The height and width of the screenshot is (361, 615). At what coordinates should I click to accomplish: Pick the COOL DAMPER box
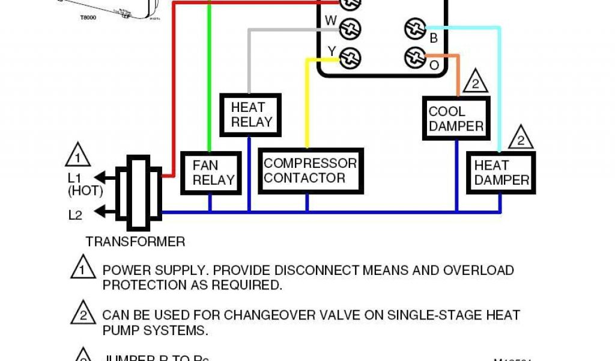click(x=456, y=119)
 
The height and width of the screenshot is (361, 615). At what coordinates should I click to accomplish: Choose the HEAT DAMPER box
click(x=501, y=173)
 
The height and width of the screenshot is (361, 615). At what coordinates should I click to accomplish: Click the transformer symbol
click(x=139, y=193)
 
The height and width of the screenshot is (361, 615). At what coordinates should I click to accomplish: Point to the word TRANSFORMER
click(x=135, y=242)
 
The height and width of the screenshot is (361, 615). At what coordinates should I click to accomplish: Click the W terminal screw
click(x=350, y=28)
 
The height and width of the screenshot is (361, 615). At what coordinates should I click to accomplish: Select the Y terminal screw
click(x=350, y=57)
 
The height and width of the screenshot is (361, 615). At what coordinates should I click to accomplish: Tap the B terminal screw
click(x=413, y=28)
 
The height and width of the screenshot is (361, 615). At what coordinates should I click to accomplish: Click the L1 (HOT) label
click(x=85, y=185)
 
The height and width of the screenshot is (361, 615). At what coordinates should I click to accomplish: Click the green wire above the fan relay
click(x=209, y=78)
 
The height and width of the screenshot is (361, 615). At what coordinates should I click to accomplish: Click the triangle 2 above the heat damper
click(x=521, y=139)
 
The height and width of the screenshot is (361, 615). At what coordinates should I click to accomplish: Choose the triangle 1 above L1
click(x=77, y=156)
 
